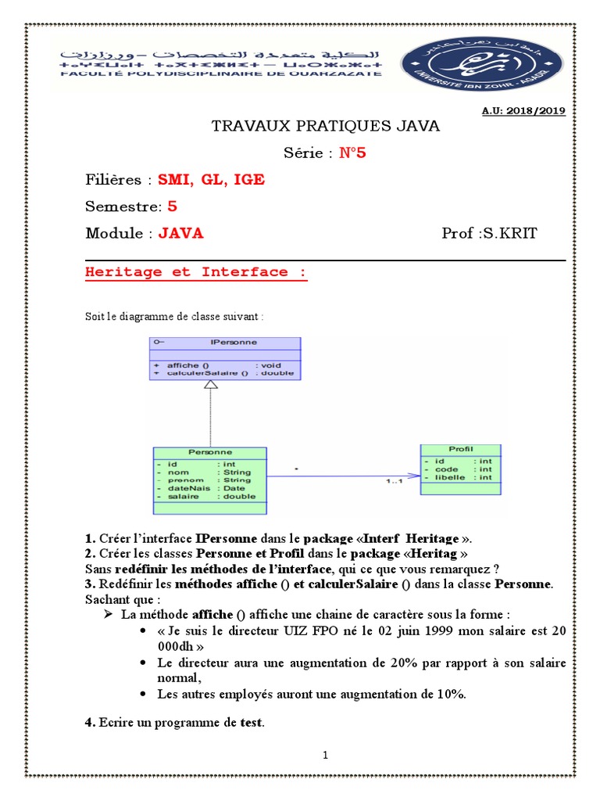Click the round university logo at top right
point(481,64)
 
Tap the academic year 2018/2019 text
point(523,111)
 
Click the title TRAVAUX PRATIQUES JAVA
point(327,126)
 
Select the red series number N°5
point(352,153)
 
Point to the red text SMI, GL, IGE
point(211,180)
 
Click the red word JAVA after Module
point(180,233)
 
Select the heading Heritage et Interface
point(195,272)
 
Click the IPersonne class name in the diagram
point(233,343)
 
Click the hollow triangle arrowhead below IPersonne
point(210,385)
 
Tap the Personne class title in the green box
point(210,452)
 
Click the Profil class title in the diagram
point(461,449)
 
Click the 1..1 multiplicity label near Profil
point(395,482)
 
